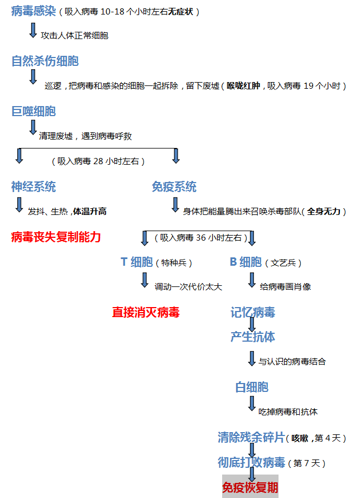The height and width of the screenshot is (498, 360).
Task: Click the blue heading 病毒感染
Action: click(33, 11)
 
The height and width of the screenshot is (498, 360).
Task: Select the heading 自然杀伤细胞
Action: click(45, 61)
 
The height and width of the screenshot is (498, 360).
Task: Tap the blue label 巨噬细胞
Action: click(33, 111)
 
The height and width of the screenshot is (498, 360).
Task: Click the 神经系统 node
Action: click(33, 186)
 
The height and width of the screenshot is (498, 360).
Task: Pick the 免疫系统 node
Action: click(174, 186)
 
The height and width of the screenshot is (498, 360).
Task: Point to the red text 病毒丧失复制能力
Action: click(56, 237)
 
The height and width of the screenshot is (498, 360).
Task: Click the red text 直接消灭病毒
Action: click(146, 312)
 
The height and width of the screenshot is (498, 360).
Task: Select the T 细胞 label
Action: click(137, 262)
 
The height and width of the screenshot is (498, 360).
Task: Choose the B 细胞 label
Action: click(246, 262)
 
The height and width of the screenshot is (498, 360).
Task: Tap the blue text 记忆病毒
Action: click(253, 312)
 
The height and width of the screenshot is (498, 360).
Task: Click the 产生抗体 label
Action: click(253, 337)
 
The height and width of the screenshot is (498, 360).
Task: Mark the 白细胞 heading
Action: click(252, 387)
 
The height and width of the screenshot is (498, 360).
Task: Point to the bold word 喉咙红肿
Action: click(243, 86)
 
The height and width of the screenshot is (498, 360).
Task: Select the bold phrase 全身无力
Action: click(324, 212)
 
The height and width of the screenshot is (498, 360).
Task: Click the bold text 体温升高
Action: click(90, 212)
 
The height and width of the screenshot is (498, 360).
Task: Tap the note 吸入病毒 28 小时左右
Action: click(98, 161)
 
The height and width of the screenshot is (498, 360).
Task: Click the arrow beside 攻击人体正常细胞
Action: click(33, 31)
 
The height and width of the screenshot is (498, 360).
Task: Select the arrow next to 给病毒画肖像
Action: click(252, 280)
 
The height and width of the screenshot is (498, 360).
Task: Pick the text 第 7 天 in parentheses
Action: click(306, 463)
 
